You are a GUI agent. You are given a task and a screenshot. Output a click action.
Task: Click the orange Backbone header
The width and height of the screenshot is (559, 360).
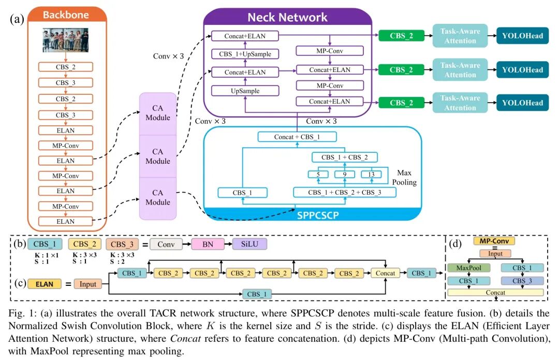pyautogui.click(x=66, y=15)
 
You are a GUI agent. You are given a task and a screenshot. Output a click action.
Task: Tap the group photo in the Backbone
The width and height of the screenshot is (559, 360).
pyautogui.click(x=66, y=40)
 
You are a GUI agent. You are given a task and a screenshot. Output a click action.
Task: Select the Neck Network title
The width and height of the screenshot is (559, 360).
pyautogui.click(x=287, y=17)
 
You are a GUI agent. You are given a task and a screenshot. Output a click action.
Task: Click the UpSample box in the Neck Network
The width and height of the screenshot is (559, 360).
pyautogui.click(x=245, y=91)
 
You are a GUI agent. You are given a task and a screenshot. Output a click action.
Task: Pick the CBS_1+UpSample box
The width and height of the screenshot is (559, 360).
pyautogui.click(x=245, y=54)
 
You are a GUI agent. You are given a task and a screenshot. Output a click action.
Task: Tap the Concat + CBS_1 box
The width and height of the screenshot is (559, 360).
pyautogui.click(x=297, y=137)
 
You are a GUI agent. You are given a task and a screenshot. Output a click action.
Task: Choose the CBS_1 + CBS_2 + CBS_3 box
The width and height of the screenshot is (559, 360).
pyautogui.click(x=344, y=192)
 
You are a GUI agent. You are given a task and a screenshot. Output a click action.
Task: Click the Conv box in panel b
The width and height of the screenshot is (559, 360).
pyautogui.click(x=166, y=244)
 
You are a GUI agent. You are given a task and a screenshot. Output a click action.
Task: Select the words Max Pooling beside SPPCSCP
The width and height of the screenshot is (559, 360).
pyautogui.click(x=404, y=177)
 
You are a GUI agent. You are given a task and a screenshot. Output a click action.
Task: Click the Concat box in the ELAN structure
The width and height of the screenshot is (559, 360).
pyautogui.click(x=385, y=273)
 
